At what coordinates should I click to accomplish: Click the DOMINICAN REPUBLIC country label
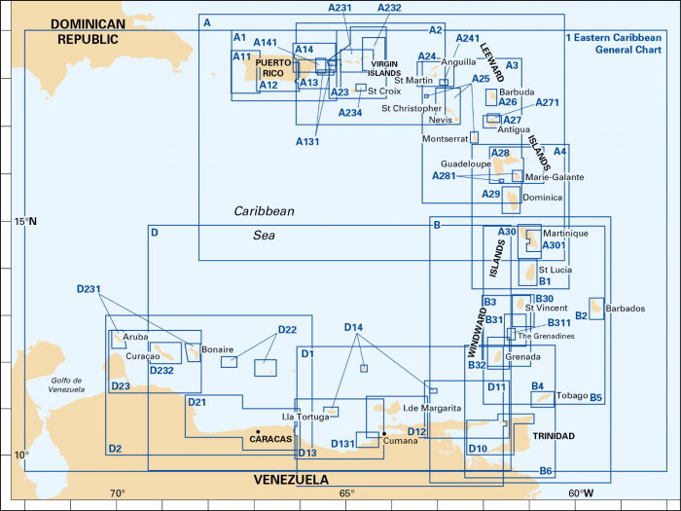[x=89, y=31]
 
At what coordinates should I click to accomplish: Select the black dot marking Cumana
[x=384, y=433]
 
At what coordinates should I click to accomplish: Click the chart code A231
[x=340, y=8]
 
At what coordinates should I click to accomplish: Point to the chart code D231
[x=89, y=289]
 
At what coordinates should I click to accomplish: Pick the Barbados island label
[x=625, y=309]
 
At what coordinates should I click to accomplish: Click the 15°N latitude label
[x=25, y=221]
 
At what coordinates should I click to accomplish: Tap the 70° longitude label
[x=117, y=493]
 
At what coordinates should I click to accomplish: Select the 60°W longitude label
[x=581, y=493]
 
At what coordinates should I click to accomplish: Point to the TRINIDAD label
[x=552, y=435]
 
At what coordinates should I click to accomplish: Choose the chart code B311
[x=559, y=322]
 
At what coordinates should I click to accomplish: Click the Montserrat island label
[x=446, y=139]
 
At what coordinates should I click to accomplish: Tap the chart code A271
[x=548, y=102]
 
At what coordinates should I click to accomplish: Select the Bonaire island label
[x=217, y=348]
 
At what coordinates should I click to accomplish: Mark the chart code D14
[x=353, y=327]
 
